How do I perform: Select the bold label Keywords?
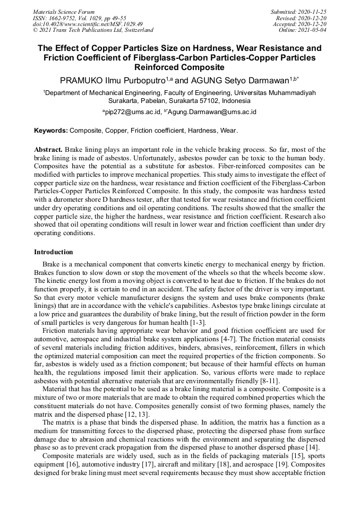(x=51, y=130)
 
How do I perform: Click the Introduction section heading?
(x=54, y=252)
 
